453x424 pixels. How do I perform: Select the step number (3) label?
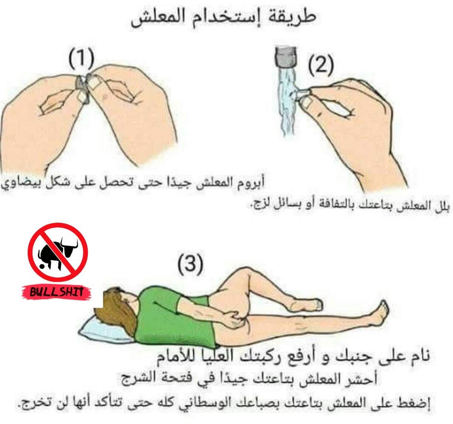pos(190,264)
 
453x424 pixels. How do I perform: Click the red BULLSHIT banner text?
pos(56,292)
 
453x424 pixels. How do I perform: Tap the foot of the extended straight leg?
pos(380,313)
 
